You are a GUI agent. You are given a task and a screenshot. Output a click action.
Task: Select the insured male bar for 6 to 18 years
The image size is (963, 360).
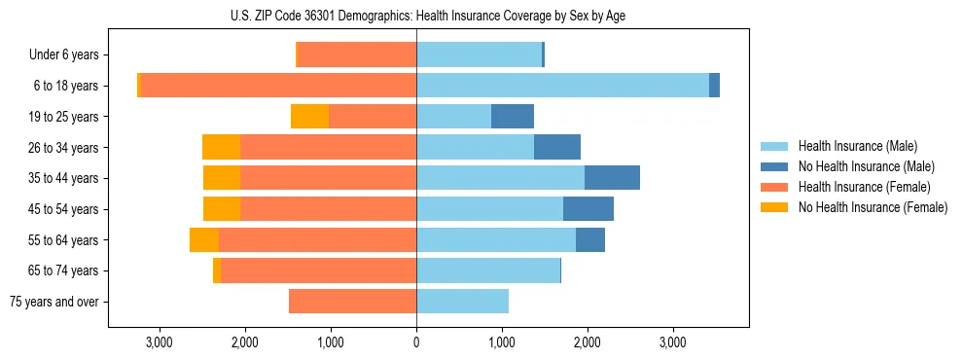point(562,86)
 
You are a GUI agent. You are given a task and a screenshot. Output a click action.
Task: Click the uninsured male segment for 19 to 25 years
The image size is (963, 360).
point(513,117)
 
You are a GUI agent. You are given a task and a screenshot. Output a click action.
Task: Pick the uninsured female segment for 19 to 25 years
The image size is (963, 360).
point(309,117)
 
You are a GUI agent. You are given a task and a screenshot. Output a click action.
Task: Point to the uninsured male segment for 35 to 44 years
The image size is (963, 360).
point(612,178)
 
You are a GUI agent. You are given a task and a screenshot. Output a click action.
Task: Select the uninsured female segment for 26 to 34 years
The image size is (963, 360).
point(221,147)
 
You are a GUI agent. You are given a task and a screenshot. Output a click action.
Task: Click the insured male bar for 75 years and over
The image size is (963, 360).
point(462,302)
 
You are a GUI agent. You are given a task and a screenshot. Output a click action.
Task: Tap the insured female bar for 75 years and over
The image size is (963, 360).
point(352,302)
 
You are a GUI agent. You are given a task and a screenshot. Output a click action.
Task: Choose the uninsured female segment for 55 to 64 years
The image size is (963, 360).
point(204,240)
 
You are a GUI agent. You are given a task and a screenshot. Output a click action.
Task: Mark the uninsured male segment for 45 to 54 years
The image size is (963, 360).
point(588,209)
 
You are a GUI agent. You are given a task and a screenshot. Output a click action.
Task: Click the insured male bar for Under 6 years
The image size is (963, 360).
point(479,54)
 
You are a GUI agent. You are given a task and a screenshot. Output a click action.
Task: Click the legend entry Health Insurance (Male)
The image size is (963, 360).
point(857,146)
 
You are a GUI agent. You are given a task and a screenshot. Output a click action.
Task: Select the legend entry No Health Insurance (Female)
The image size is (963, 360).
point(873,207)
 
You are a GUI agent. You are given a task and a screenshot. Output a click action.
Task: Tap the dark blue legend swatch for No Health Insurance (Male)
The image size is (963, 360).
point(775,166)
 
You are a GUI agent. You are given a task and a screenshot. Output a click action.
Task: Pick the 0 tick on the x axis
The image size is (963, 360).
point(416,342)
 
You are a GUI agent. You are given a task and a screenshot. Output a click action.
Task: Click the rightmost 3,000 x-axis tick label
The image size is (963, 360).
point(673,342)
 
